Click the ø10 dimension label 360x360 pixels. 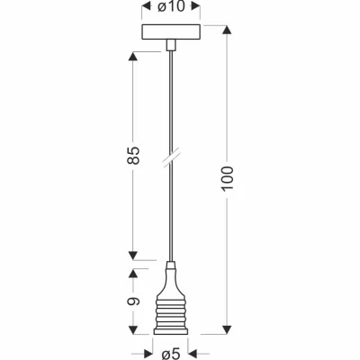pos(171,6)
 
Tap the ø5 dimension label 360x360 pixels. pos(171,355)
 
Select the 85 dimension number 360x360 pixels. pos(134,156)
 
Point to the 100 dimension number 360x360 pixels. pos(227,178)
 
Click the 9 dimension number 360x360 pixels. pos(134,301)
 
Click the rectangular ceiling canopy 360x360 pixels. pos(171,31)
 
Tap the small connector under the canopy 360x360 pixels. pos(171,45)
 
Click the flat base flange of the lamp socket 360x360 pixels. pos(171,331)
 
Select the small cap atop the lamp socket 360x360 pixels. pos(171,265)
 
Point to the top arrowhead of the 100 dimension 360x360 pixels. pos(227,31)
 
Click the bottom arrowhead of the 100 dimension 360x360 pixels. pos(227,329)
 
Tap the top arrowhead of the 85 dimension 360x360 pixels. pos(133,56)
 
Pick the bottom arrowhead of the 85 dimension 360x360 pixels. pos(133,256)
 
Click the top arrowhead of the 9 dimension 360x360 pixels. pos(133,273)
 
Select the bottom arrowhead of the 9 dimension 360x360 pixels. pos(133,329)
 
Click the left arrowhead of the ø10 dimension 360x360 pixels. pos(146,6)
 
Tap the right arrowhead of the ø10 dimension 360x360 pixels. pos(196,6)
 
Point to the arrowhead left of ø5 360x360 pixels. pos(149,354)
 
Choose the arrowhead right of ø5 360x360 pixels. pos(193,354)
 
